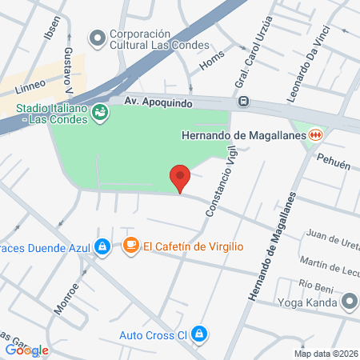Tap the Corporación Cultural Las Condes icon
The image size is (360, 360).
98,38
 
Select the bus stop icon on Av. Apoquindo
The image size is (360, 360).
243,102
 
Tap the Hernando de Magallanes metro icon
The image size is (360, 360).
317,135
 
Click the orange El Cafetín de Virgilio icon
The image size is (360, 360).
130,246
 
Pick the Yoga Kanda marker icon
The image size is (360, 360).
349,302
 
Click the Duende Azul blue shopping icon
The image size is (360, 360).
102,246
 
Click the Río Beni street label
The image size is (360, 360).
314,284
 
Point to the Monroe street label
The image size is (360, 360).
67,297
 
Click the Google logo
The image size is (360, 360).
26,350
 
